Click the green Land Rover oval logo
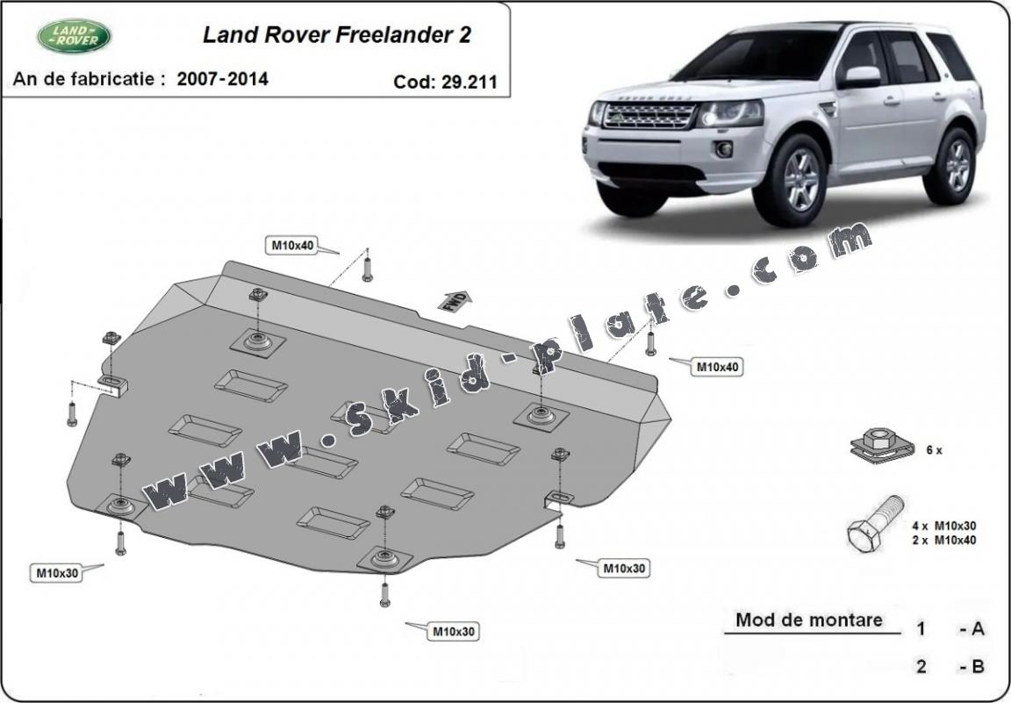[74, 36]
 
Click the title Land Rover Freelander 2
[337, 35]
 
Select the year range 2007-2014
[222, 79]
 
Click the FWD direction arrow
[455, 301]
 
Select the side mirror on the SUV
[859, 77]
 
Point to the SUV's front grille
[649, 116]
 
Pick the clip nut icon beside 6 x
[882, 446]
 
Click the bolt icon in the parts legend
[875, 524]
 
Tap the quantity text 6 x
[935, 451]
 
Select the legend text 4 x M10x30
[944, 527]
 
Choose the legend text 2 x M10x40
[944, 541]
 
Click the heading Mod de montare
[809, 621]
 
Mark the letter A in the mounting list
[977, 628]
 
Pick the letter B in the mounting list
[978, 666]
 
